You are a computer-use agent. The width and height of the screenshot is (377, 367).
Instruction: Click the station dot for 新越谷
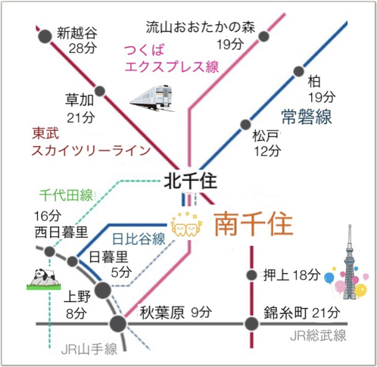45,36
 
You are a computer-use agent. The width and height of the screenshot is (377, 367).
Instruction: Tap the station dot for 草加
100,91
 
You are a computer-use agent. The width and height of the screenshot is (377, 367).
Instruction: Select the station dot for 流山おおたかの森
263,36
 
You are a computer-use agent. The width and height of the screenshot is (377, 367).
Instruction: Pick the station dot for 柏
299,71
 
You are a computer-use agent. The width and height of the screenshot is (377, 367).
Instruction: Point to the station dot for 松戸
245,124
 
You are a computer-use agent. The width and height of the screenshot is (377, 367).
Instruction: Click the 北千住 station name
191,182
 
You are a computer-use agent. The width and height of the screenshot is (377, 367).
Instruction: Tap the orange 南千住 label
254,224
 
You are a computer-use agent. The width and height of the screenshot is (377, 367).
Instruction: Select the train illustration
152,98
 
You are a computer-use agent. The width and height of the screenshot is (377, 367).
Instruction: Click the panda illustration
44,279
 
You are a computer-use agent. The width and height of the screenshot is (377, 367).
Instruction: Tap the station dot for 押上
251,275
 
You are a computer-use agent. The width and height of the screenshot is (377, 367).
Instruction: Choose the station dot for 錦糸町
251,324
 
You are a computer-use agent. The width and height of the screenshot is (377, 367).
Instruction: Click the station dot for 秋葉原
118,324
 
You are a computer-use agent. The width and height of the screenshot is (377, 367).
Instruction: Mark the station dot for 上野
102,290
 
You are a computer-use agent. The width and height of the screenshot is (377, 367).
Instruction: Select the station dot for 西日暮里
49,251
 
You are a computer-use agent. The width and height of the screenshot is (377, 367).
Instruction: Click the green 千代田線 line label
66,195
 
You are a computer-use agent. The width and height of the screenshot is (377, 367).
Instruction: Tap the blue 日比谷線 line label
139,238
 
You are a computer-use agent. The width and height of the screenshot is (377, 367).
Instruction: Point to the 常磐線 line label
307,117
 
